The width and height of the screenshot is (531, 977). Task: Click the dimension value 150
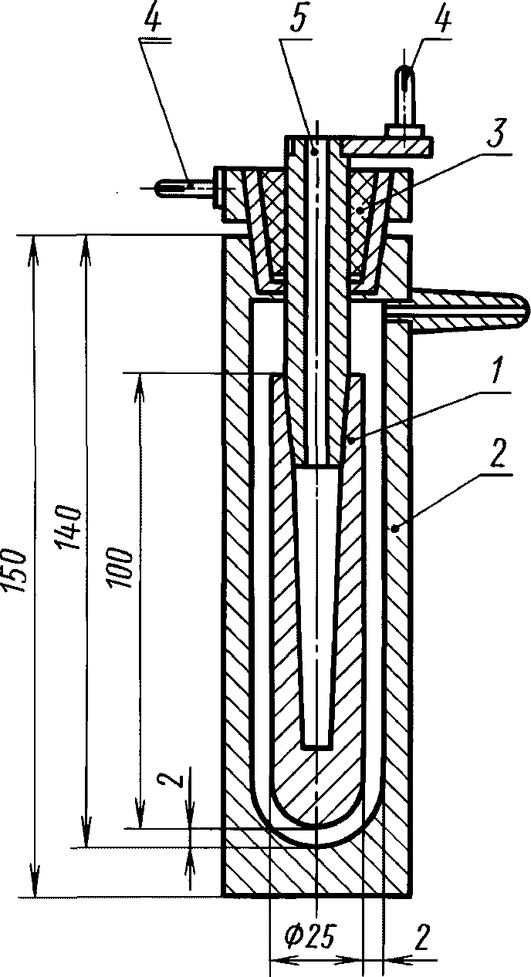(x=16, y=571)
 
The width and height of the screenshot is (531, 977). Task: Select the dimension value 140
(x=72, y=527)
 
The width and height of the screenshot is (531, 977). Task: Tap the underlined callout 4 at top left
(x=153, y=22)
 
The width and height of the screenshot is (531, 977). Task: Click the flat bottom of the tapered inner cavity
(x=316, y=746)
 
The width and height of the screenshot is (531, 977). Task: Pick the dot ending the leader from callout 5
(x=313, y=152)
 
